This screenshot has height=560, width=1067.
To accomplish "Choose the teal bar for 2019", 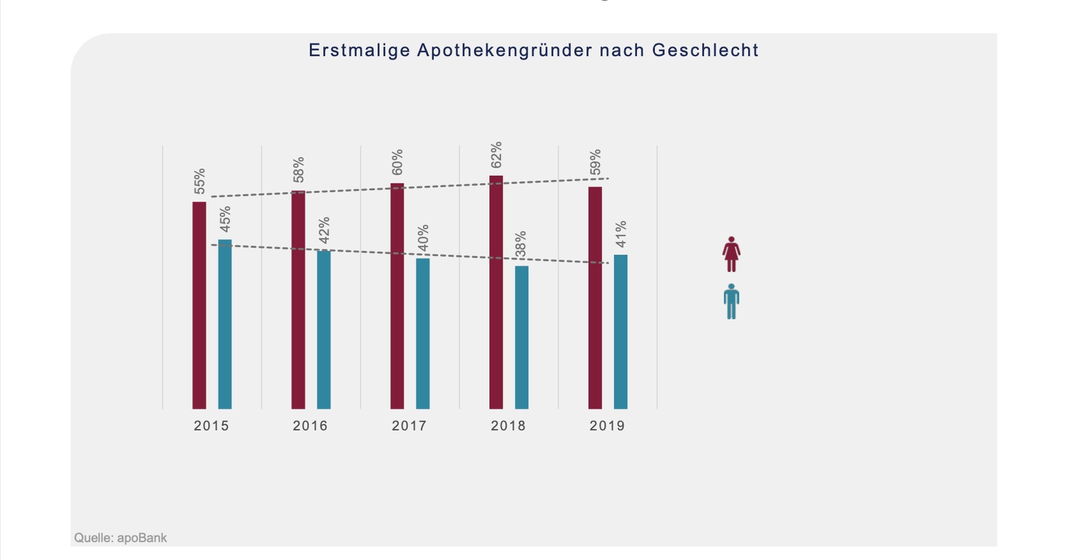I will pyautogui.click(x=620, y=332).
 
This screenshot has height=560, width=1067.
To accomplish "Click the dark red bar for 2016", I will pyautogui.click(x=298, y=300).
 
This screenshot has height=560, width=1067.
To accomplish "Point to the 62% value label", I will pyautogui.click(x=496, y=155).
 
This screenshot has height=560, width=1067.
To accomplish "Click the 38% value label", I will pyautogui.click(x=521, y=245).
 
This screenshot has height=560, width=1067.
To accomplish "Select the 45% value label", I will pyautogui.click(x=225, y=219).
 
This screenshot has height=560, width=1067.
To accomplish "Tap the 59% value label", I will pyautogui.click(x=595, y=163).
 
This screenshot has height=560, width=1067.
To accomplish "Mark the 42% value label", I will pyautogui.click(x=324, y=230).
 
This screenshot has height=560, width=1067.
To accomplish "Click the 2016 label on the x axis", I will pyautogui.click(x=310, y=426).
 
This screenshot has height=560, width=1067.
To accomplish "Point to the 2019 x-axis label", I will pyautogui.click(x=607, y=426).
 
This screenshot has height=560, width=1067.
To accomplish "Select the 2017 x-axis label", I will pyautogui.click(x=409, y=426).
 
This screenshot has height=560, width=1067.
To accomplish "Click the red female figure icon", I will pyautogui.click(x=732, y=254).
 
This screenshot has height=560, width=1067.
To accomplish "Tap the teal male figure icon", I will pyautogui.click(x=732, y=301).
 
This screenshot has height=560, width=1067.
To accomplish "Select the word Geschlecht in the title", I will pyautogui.click(x=705, y=50).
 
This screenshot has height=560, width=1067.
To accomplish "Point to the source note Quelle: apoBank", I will pyautogui.click(x=120, y=538).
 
